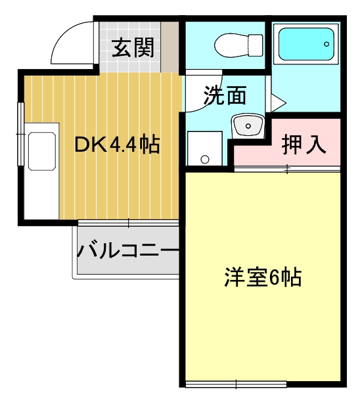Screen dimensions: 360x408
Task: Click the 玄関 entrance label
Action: tap(133, 47)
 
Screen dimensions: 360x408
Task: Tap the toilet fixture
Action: tap(238, 45)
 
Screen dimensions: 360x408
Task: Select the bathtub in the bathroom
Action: tap(306, 44)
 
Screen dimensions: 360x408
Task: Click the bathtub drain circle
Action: tap(326, 44)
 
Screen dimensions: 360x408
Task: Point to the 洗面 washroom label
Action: tap(225, 95)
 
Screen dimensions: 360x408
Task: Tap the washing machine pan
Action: tap(205, 148)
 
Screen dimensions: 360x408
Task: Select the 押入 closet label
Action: tap(304, 144)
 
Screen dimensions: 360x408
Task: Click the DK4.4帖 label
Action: tap(117, 145)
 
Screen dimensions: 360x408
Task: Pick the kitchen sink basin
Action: tap(42, 151)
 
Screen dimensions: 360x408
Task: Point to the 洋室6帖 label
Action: tap(263, 277)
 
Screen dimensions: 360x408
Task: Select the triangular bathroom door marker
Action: tap(278, 102)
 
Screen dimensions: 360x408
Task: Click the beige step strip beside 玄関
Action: tap(169, 47)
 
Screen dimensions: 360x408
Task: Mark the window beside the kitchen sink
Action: tap(20, 134)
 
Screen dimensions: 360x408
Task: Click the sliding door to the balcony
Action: tap(128, 223)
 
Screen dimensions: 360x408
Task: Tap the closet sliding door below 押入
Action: tap(287, 169)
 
